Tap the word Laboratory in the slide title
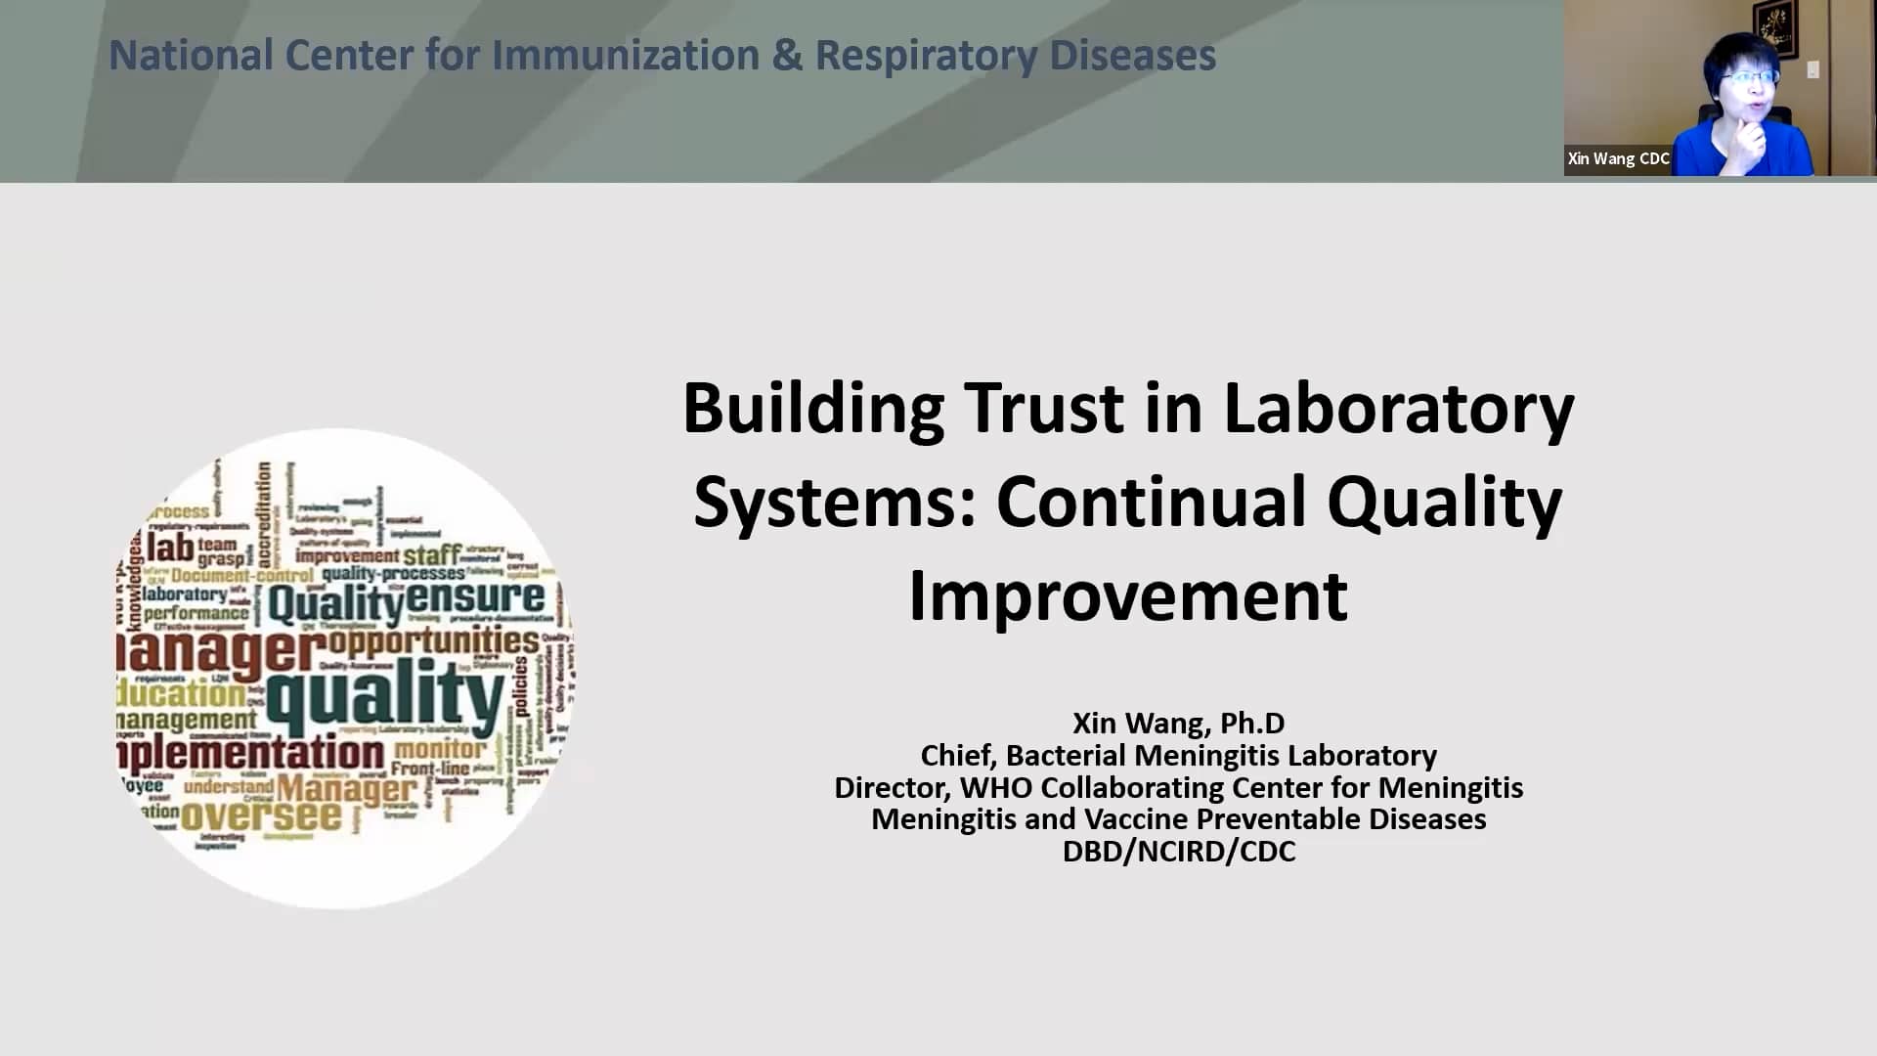click(x=1398, y=408)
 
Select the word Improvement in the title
click(x=1127, y=595)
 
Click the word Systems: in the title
click(x=835, y=503)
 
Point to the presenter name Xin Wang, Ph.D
click(x=1178, y=723)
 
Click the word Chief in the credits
click(x=956, y=755)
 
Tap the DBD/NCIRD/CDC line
click(x=1178, y=851)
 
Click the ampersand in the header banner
click(x=786, y=56)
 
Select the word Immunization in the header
click(x=625, y=56)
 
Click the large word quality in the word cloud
click(x=385, y=696)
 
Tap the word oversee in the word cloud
click(x=261, y=816)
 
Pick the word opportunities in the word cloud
click(x=433, y=641)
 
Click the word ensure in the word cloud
click(x=475, y=596)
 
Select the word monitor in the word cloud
click(x=439, y=749)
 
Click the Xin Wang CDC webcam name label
click(x=1618, y=158)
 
